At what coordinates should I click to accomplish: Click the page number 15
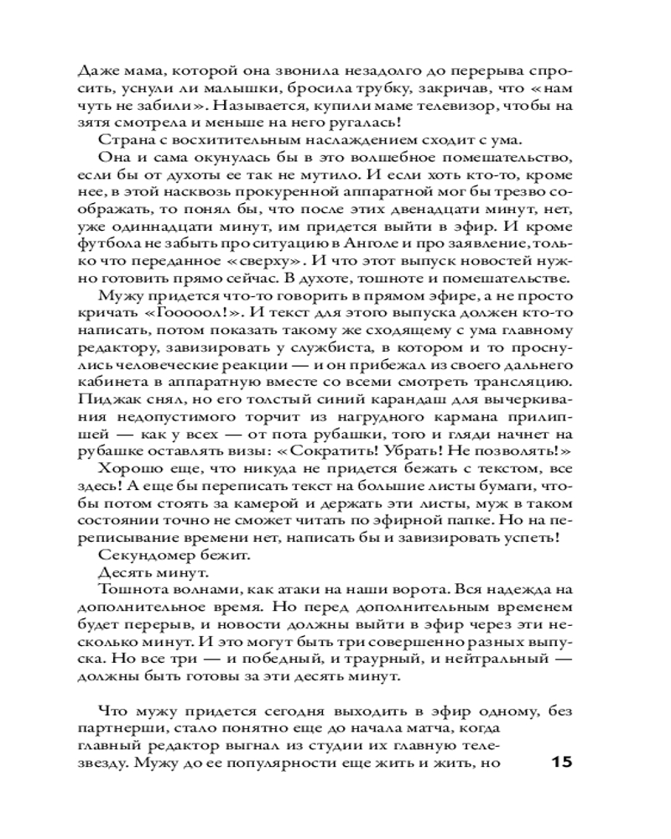[561, 763]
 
